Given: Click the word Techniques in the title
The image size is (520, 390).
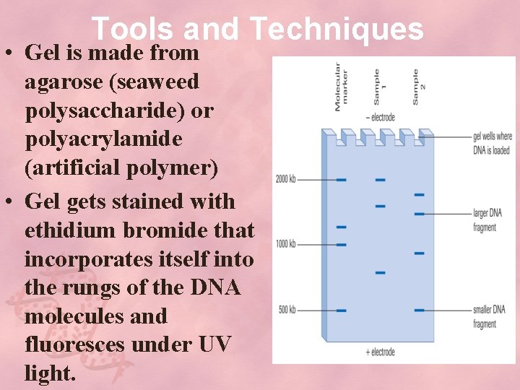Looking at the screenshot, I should tap(337, 29).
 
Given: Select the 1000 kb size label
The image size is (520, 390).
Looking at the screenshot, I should tap(285, 244).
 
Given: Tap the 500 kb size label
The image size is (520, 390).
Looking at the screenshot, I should tap(287, 311).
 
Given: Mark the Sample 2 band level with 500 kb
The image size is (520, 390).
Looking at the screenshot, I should tap(419, 311).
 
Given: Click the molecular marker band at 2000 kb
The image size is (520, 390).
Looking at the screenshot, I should tap(342, 179).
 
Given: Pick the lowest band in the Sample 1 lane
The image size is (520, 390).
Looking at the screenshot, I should tap(381, 273).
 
